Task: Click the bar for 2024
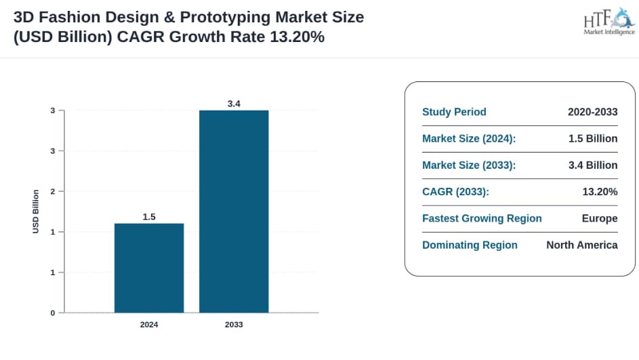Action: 149,268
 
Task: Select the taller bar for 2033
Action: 234,211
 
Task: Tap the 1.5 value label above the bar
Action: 149,217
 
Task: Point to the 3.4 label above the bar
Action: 234,104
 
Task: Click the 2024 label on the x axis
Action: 149,325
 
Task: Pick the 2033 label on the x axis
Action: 234,325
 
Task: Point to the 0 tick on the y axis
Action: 52,313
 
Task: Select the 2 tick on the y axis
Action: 52,191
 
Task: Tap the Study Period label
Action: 454,113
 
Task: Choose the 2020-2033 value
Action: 592,113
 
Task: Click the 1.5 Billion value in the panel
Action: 593,139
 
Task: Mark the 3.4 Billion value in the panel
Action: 593,165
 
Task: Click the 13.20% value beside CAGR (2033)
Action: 600,192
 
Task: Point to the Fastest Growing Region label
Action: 482,218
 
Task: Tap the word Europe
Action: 600,218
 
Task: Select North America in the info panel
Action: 582,245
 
